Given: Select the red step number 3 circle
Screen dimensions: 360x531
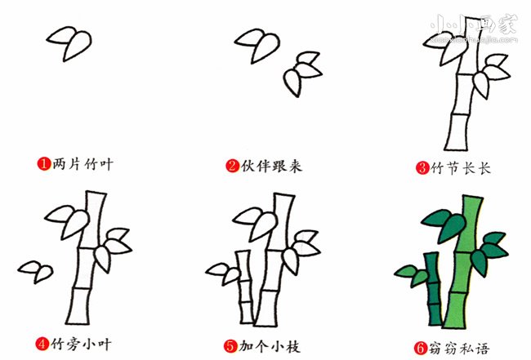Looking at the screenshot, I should [422, 168].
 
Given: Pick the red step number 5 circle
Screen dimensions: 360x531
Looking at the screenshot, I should [233, 346].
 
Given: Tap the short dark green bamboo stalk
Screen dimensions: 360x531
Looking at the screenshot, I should [431, 294].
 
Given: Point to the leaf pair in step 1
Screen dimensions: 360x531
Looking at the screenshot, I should [69, 42].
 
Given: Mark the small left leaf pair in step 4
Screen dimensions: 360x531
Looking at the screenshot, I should [35, 269].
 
